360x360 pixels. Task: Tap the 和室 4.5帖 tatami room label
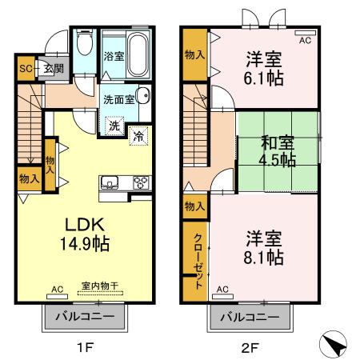tap(278, 150)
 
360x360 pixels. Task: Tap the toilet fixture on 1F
tap(85, 42)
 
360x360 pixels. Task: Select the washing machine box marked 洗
tap(114, 126)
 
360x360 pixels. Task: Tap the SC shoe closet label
tap(25, 69)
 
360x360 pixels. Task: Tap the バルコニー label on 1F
tap(84, 318)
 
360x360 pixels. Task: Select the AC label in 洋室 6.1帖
tap(305, 38)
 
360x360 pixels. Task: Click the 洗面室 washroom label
tap(116, 100)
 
